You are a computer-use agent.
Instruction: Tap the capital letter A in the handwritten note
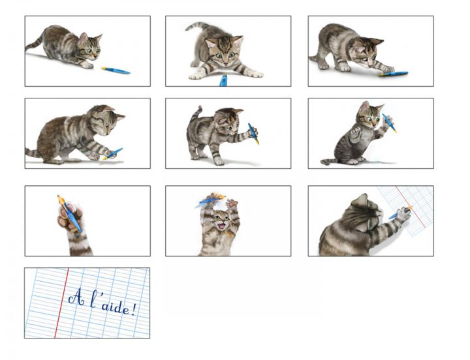click(76, 297)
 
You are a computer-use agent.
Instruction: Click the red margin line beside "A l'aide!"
click(61, 303)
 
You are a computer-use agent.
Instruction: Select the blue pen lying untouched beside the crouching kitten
click(116, 70)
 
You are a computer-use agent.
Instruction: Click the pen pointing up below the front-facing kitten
click(223, 80)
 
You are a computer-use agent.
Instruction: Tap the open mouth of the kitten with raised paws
click(221, 226)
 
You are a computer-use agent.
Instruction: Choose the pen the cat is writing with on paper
click(400, 212)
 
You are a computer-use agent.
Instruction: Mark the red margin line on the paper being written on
click(411, 207)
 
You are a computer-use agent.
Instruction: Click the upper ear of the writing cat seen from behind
click(360, 200)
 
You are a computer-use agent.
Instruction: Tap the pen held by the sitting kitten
click(389, 123)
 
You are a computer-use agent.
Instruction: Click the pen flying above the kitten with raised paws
click(212, 198)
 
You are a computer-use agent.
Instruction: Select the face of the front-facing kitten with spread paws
click(225, 53)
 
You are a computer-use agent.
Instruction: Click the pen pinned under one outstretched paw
click(393, 74)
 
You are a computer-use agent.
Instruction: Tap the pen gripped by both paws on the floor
click(113, 153)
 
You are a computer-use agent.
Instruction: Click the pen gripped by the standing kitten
click(253, 134)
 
